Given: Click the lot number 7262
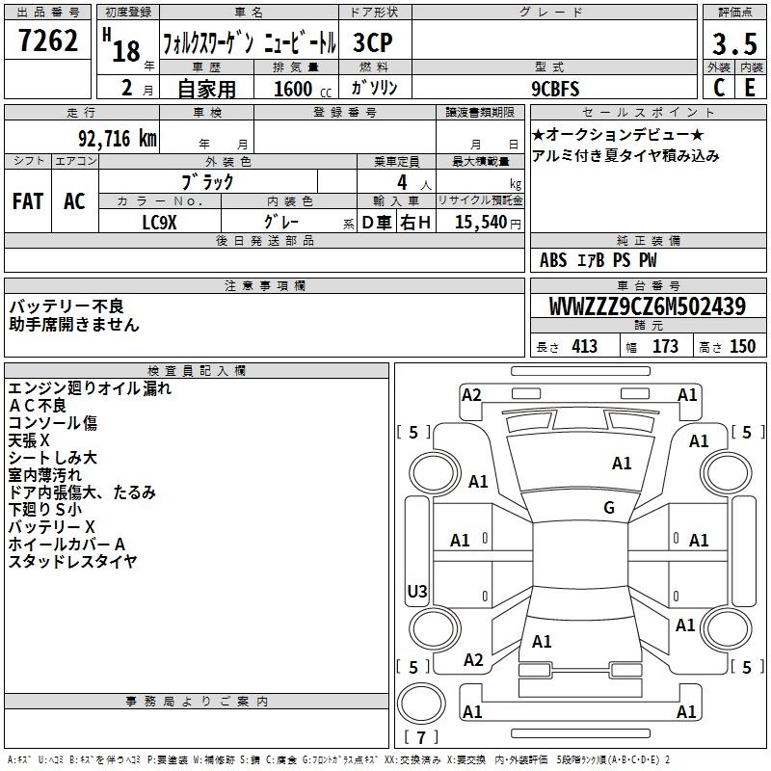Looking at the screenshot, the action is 48,40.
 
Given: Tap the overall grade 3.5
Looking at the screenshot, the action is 734,43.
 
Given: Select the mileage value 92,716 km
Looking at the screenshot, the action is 118,139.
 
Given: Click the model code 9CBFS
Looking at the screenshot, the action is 555,89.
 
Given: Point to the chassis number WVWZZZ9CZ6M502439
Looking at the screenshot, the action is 648,306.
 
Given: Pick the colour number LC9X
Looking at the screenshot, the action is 159,223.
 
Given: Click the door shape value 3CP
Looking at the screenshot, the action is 373,42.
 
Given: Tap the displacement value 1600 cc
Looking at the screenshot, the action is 303,89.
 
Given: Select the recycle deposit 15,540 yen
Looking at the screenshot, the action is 488,222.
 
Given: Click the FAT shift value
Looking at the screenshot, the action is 28,201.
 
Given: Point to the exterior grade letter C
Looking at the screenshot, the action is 719,88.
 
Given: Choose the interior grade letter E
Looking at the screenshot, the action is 750,88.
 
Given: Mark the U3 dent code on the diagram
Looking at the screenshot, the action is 417,591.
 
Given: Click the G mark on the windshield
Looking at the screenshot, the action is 609,507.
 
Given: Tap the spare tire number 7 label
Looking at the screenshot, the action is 421,737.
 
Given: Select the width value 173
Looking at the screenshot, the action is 665,346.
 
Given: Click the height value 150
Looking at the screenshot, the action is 742,346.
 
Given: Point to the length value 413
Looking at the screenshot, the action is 585,346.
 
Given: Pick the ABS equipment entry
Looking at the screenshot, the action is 553,260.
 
